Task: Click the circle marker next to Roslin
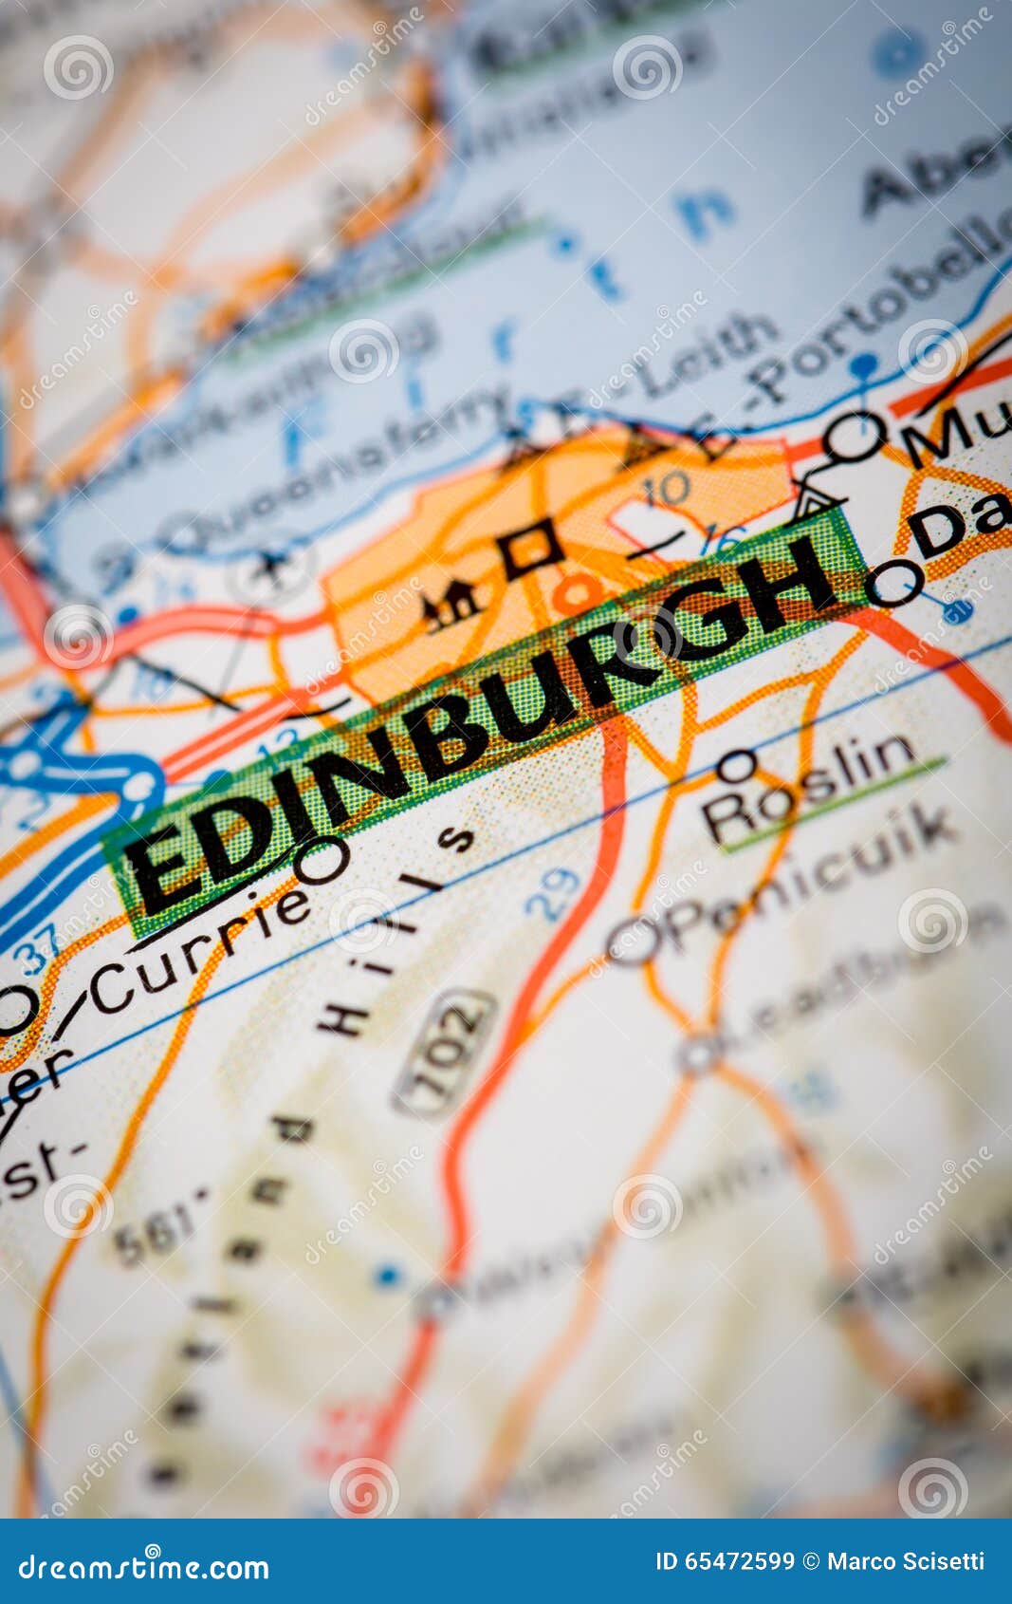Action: point(737,765)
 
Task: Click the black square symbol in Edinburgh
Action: point(530,549)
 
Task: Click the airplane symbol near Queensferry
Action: point(272,568)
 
